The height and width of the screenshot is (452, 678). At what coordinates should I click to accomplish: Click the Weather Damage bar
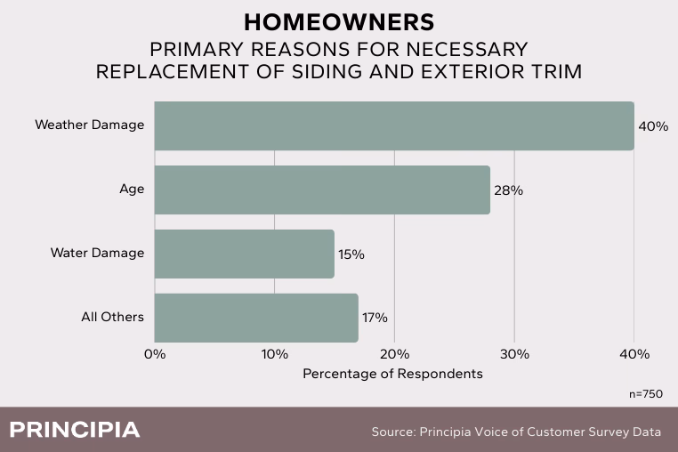[394, 125]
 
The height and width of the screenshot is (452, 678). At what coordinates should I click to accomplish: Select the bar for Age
[322, 190]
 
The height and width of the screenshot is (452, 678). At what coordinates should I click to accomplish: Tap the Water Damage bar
[245, 254]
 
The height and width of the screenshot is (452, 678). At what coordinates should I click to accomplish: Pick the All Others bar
[256, 318]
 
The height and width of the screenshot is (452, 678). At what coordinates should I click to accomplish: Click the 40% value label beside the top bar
[653, 126]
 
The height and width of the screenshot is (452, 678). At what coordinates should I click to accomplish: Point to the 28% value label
[509, 190]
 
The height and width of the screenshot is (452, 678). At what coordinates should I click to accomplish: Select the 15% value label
[351, 254]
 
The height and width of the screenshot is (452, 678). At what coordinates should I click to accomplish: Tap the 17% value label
[375, 318]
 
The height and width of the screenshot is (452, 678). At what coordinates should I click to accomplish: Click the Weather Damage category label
[89, 125]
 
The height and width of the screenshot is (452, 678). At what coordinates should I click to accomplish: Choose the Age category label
[132, 190]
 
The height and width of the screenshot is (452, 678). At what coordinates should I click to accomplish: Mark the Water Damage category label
[97, 254]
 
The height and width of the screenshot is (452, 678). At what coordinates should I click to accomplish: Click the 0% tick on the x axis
[155, 354]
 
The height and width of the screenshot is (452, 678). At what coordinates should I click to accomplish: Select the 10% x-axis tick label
[275, 354]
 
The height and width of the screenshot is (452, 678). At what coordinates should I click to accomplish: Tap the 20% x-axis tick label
[395, 354]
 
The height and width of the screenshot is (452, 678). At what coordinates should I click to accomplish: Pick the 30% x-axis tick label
[514, 354]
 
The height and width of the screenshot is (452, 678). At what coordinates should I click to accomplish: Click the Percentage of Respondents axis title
[392, 374]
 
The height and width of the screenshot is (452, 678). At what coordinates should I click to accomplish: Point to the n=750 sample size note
[645, 393]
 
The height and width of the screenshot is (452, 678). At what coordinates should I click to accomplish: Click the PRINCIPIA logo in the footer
[74, 430]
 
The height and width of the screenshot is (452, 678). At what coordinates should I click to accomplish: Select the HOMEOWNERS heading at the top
[338, 21]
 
